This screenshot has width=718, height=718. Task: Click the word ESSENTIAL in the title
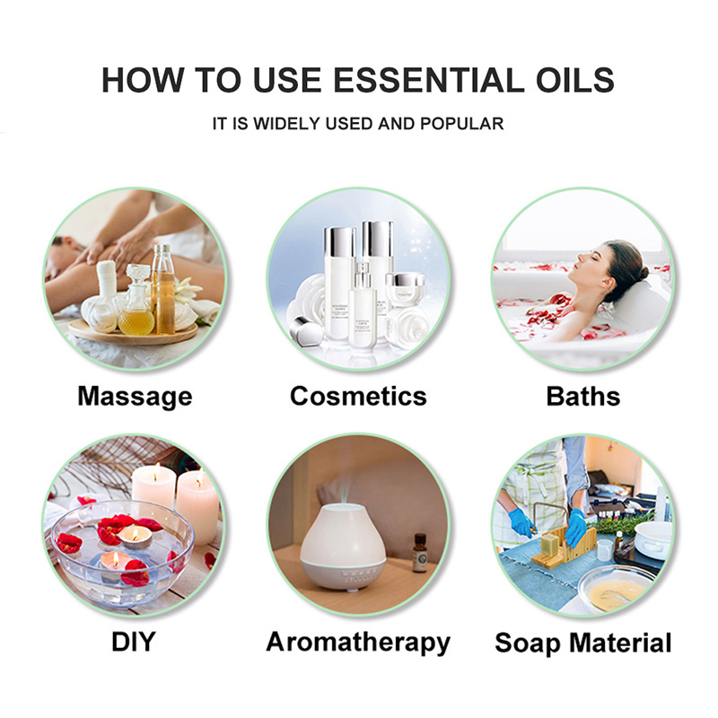tap(429, 80)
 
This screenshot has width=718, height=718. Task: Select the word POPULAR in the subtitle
tap(461, 124)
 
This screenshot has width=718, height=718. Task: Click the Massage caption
tap(136, 397)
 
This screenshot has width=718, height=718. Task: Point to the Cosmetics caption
tap(358, 396)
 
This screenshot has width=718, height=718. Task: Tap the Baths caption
tap(582, 396)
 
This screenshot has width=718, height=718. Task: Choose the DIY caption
tap(134, 642)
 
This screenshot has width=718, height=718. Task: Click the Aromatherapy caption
tap(358, 643)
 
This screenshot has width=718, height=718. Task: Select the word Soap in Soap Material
tap(528, 643)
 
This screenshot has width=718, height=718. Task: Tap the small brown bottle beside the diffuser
tap(419, 553)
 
